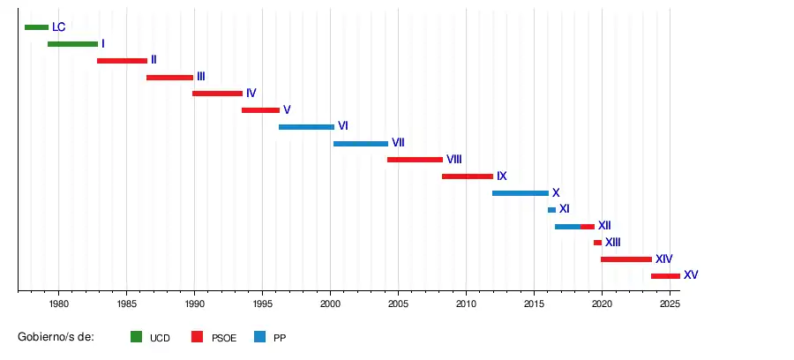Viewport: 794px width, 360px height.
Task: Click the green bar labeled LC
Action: click(x=36, y=27)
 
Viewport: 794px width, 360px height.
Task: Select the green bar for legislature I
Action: click(x=72, y=44)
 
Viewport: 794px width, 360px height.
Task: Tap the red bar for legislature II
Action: click(x=122, y=61)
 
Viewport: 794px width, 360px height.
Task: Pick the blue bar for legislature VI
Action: click(x=306, y=127)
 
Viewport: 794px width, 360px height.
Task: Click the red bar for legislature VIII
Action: click(x=415, y=160)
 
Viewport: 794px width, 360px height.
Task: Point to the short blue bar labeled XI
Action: click(x=551, y=210)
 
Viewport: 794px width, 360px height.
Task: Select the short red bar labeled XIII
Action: click(x=597, y=243)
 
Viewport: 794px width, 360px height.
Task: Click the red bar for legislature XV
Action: click(x=665, y=276)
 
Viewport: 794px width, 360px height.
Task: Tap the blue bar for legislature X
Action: click(x=520, y=193)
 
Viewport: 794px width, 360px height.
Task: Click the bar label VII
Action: click(x=398, y=143)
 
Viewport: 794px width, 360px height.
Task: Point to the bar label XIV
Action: click(x=663, y=259)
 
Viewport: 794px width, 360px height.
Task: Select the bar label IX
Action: click(x=501, y=176)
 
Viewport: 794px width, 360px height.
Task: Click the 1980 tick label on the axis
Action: click(x=58, y=304)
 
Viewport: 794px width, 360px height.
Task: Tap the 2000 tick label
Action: click(x=330, y=304)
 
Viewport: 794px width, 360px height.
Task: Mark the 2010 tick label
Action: click(x=466, y=304)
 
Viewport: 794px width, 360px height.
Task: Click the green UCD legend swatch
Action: click(x=136, y=337)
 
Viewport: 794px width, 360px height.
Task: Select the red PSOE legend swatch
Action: click(x=198, y=337)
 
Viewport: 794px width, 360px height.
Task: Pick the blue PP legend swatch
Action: click(x=259, y=337)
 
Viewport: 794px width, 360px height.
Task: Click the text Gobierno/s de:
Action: click(x=56, y=337)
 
